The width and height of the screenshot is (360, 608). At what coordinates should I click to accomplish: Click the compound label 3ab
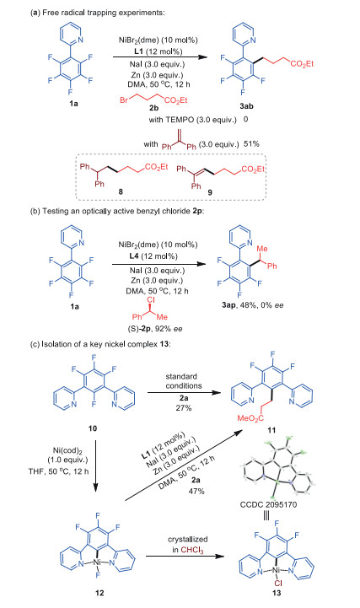pos(246,106)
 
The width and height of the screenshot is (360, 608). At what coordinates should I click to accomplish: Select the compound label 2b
pos(153,108)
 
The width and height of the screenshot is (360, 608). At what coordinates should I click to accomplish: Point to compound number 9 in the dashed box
pos(210,193)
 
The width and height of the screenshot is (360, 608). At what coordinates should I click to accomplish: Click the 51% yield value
pos(251,144)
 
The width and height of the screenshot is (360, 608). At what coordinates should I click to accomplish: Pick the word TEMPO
pos(180,120)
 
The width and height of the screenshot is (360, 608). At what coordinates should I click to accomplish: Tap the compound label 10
pos(93,428)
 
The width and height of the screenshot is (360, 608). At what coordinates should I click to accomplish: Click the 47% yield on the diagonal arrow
pos(196,491)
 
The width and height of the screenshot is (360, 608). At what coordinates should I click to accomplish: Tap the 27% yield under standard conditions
pos(183,408)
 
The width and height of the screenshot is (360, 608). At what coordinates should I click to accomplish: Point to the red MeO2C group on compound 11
pos(250,418)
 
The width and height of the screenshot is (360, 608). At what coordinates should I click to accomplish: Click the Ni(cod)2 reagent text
pos(69,450)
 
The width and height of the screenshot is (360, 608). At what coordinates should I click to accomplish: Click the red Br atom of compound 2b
pos(124,100)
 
